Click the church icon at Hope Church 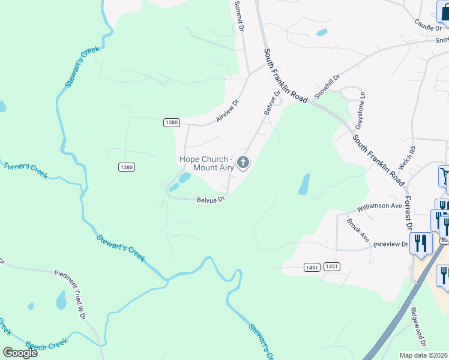click(x=243, y=162)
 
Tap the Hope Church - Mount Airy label click(x=206, y=163)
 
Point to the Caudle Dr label click(x=427, y=24)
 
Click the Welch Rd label click(x=412, y=157)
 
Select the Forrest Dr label click(x=408, y=213)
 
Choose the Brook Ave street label click(x=358, y=230)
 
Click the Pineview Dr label click(x=390, y=244)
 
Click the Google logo click(x=20, y=353)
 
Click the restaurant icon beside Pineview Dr click(x=422, y=243)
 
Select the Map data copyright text click(x=424, y=355)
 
